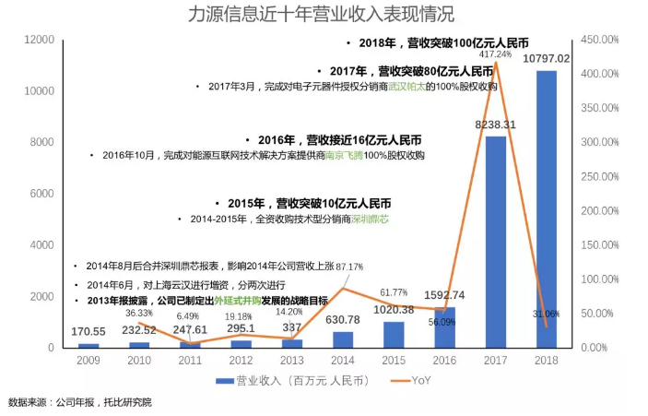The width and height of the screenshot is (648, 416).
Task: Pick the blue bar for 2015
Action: click(394, 334)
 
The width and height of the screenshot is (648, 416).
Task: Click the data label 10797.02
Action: click(546, 59)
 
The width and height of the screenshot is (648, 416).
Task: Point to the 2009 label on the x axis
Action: click(88, 361)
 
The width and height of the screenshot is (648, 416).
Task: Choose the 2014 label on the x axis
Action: click(342, 361)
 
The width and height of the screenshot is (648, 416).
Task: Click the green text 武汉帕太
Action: click(405, 87)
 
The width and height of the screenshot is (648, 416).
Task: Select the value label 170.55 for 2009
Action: click(88, 331)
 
